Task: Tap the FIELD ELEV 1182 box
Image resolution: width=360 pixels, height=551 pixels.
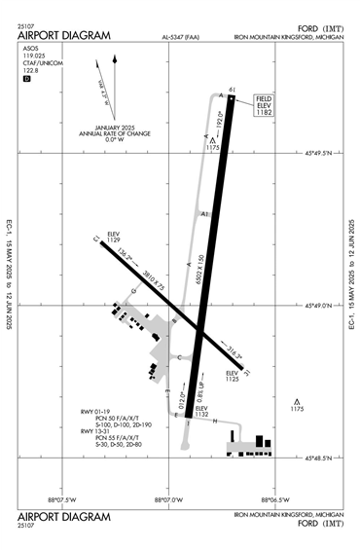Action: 263,106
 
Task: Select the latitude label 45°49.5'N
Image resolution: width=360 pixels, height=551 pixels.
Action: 318,153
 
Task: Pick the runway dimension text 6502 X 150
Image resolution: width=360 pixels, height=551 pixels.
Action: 198,271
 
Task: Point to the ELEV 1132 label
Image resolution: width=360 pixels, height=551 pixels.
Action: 202,411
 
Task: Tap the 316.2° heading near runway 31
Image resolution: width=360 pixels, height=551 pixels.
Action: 234,351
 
